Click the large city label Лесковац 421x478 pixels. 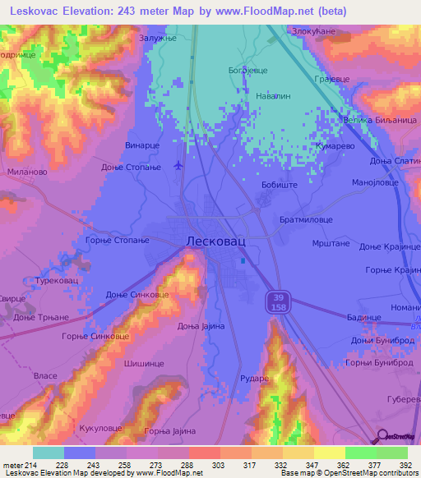tap(211, 242)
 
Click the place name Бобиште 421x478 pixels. tap(279, 187)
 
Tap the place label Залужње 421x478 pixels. tap(159, 38)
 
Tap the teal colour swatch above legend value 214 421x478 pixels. tap(48, 453)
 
